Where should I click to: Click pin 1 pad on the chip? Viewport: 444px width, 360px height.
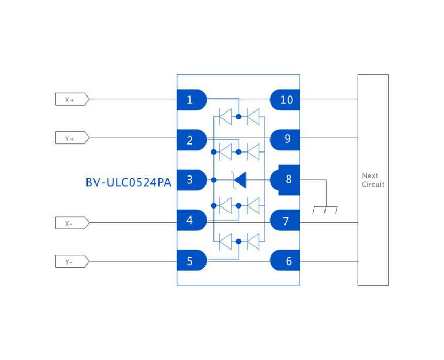click(x=191, y=100)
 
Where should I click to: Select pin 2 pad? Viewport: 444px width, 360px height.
click(x=191, y=140)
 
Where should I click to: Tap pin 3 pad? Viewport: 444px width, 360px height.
click(x=191, y=180)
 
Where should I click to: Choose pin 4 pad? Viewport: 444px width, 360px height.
click(x=191, y=220)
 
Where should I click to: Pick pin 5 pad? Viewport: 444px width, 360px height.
click(x=191, y=261)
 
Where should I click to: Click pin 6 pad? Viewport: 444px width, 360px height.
click(x=286, y=261)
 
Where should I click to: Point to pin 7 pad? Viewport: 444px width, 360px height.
click(x=286, y=220)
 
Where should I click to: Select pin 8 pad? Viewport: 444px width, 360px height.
click(x=287, y=180)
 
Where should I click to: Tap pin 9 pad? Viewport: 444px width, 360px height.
click(x=286, y=139)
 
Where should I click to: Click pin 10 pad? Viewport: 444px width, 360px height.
click(x=286, y=100)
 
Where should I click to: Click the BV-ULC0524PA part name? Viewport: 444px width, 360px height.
click(x=128, y=182)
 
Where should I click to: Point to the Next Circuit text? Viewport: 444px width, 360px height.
click(x=372, y=180)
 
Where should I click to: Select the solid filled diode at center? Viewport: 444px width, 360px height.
click(x=240, y=180)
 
